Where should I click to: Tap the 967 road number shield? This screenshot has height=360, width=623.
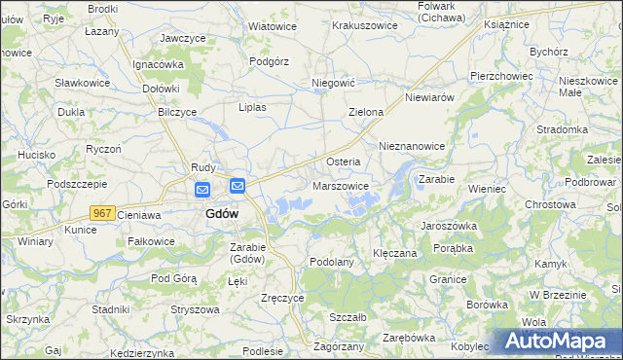(x=102, y=212)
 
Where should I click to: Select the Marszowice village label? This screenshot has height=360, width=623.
(x=341, y=186)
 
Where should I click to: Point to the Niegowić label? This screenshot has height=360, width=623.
(x=331, y=84)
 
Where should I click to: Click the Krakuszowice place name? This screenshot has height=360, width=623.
(x=366, y=25)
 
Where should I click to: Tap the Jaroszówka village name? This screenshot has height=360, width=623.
(x=449, y=225)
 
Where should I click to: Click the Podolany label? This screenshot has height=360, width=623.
(x=331, y=262)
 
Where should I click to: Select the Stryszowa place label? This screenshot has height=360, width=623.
(x=193, y=308)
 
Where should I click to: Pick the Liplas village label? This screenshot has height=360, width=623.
(x=252, y=107)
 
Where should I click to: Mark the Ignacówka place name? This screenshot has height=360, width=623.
(x=159, y=64)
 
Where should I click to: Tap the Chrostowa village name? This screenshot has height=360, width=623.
(x=552, y=205)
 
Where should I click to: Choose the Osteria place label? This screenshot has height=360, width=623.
(x=343, y=162)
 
